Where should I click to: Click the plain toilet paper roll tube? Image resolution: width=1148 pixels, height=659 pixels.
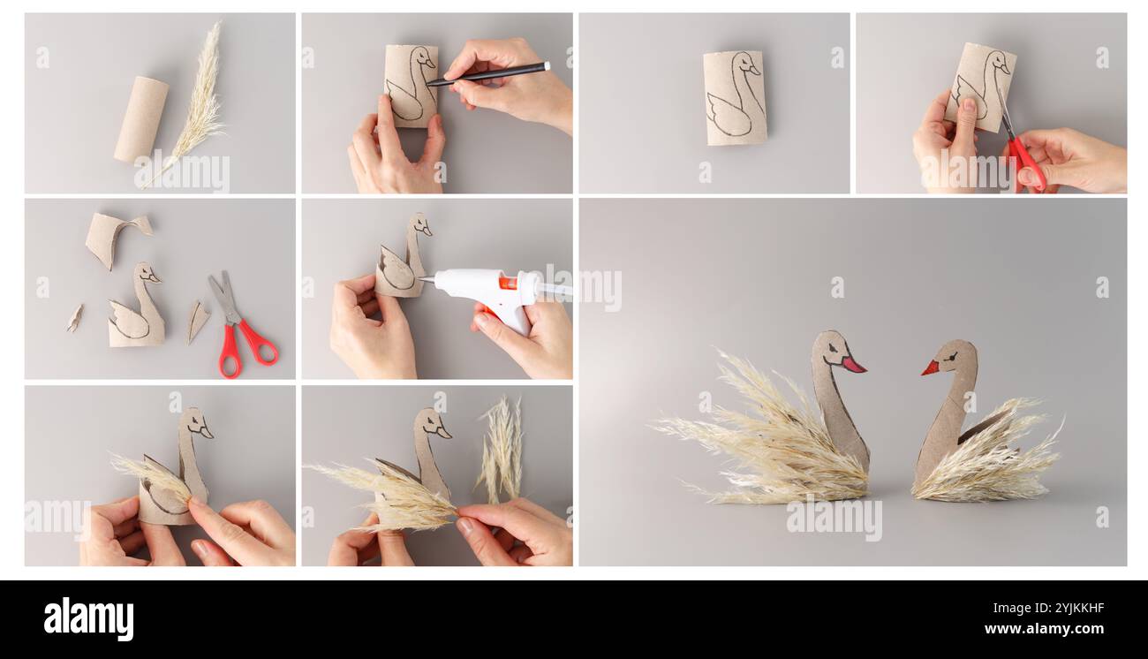pos(141,118)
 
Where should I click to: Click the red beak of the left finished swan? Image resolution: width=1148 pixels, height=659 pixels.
pos(852,364)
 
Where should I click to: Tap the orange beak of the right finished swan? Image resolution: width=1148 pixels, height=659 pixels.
pos(930,367)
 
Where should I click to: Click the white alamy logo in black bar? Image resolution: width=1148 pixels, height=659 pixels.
pos(88,619)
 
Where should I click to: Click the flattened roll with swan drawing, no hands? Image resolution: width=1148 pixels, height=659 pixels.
pos(734,97)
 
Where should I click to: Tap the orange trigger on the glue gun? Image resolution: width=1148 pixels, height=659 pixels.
pos(508,284)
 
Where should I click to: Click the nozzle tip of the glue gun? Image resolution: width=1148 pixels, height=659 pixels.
pos(423,280)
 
